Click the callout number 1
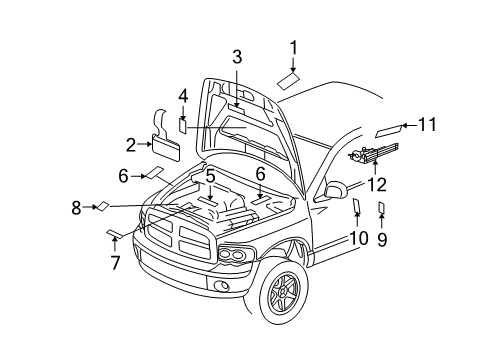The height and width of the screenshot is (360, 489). pyautogui.click(x=294, y=46)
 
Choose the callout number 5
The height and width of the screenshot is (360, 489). pyautogui.click(x=211, y=176)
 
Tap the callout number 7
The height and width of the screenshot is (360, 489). pyautogui.click(x=115, y=264)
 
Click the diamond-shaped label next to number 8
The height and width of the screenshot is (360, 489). pyautogui.click(x=102, y=207)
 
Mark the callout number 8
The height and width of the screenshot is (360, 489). pyautogui.click(x=76, y=208)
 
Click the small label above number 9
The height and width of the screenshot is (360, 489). pyautogui.click(x=381, y=209)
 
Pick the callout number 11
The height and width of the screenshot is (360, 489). pyautogui.click(x=428, y=125)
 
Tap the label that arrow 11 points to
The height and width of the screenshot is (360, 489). pyautogui.click(x=388, y=129)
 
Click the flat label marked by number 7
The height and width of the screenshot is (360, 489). pyautogui.click(x=114, y=236)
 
